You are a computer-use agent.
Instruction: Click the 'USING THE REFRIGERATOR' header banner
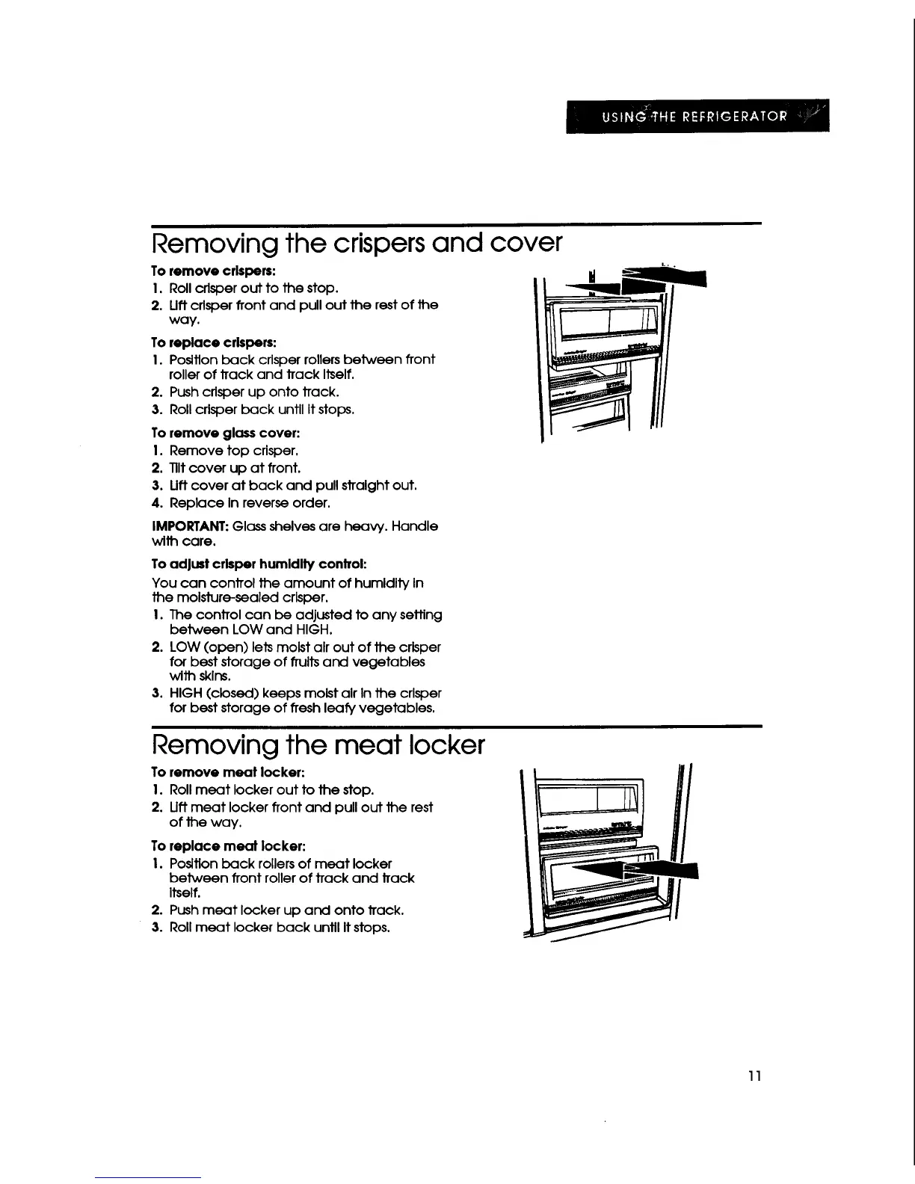(697, 116)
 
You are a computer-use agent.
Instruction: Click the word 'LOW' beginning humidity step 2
(185, 647)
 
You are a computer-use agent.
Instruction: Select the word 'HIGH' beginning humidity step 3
(187, 694)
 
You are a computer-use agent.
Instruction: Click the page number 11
(754, 1076)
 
